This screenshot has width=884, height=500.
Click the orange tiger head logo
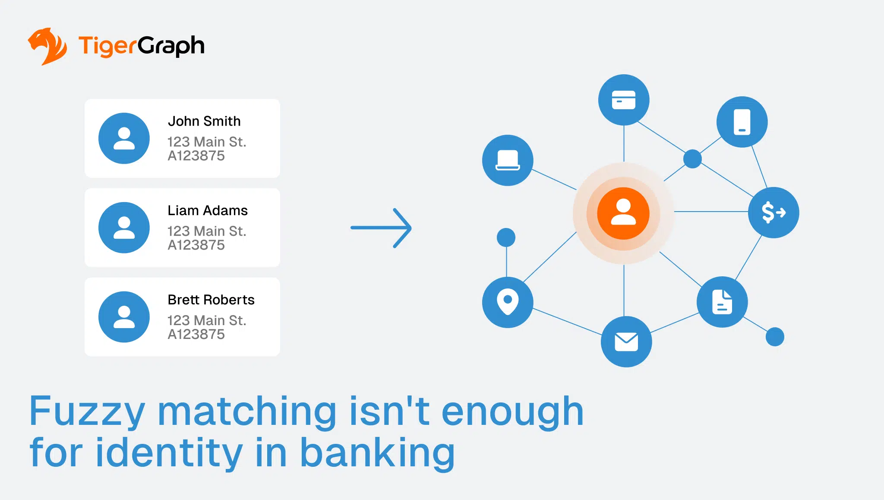coord(47,46)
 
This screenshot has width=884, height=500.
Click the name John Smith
coord(204,121)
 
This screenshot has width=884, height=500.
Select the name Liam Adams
coord(208,211)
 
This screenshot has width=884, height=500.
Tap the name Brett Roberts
coord(211,300)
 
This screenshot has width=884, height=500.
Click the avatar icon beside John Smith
coord(124,138)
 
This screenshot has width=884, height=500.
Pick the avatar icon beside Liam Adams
coord(124,228)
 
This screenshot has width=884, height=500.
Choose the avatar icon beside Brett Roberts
coord(124,317)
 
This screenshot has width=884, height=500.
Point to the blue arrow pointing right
coord(381,228)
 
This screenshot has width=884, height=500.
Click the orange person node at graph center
coord(623,213)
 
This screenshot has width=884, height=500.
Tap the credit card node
coord(624,100)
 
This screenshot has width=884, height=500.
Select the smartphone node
coord(742,122)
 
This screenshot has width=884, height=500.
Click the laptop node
coord(508,160)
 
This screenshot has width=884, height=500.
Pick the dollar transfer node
coord(773,212)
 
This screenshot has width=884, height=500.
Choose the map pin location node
coord(508,302)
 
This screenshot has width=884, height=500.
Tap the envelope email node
coord(626,342)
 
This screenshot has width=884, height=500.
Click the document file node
coord(722,302)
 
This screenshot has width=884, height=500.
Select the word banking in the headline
coord(377,453)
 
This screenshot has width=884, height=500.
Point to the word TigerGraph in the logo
coord(141,46)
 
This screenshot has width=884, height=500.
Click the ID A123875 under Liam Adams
coord(196,245)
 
